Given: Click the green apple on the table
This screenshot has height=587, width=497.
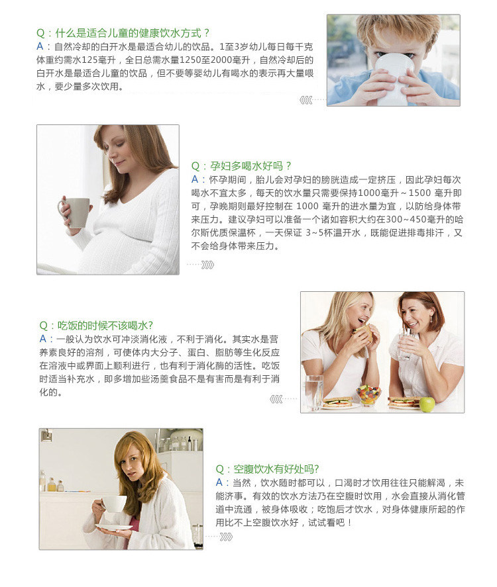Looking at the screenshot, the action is click(x=427, y=404).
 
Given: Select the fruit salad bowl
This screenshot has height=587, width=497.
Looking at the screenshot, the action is click(x=368, y=395).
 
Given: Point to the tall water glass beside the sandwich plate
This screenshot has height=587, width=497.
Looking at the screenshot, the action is click(x=313, y=392).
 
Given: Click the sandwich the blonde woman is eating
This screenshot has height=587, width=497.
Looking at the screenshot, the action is click(x=363, y=332).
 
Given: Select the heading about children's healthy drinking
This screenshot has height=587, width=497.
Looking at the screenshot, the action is click(x=123, y=33).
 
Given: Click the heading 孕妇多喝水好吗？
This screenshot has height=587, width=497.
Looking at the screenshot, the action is click(x=241, y=166).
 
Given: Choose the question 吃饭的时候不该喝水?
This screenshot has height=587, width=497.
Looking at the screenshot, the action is click(x=96, y=326).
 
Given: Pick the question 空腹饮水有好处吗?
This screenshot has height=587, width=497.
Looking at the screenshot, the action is click(x=267, y=469).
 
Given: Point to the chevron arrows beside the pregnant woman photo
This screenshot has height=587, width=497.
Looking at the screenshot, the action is click(x=207, y=265).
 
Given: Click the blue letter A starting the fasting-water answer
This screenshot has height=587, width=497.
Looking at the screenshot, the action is click(x=219, y=482).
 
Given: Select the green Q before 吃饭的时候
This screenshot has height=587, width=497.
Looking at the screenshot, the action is click(x=44, y=326).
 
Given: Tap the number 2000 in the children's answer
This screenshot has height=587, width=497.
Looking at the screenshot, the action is click(x=221, y=60).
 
